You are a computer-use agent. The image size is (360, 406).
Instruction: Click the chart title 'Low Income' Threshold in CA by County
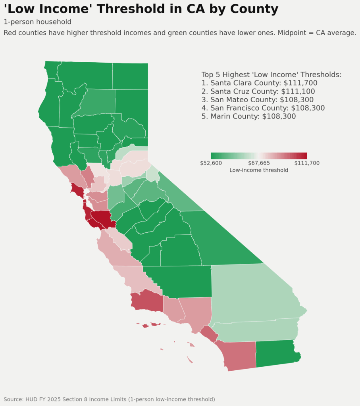[x=141, y=9]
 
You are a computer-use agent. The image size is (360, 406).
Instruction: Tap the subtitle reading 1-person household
[x=37, y=22]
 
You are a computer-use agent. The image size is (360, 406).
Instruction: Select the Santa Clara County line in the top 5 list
[x=259, y=83]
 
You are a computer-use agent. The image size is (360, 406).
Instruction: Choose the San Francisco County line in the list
[x=263, y=108]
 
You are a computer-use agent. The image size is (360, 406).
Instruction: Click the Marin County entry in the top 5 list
[x=248, y=116]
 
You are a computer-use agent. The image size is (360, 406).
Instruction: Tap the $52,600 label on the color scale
[x=211, y=163]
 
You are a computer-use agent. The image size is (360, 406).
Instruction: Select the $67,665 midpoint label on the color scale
[x=259, y=163]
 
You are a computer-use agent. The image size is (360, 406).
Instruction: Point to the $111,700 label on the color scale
[x=307, y=163]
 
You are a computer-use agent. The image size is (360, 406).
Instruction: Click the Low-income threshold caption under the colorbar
[x=259, y=170]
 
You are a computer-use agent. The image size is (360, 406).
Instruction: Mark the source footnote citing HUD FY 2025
[x=109, y=399]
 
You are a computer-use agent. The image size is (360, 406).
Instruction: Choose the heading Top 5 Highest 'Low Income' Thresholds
[x=271, y=75]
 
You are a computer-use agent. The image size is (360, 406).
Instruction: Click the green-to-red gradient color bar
[x=259, y=156]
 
